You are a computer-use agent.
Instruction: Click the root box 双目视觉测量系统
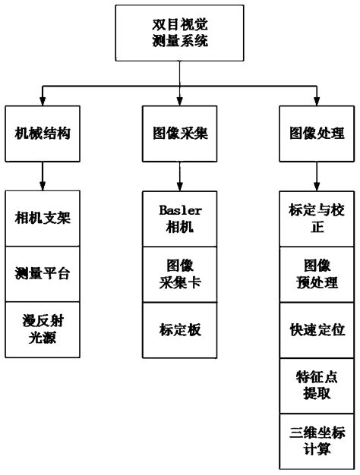179,33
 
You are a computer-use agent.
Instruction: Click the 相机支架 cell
43,219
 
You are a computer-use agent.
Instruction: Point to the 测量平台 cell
43,274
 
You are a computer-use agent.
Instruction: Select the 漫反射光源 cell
43,329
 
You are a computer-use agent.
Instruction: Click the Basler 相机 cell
180,219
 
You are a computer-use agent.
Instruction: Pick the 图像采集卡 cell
180,274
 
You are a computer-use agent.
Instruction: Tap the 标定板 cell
180,329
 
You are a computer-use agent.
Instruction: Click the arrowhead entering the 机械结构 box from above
43,100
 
